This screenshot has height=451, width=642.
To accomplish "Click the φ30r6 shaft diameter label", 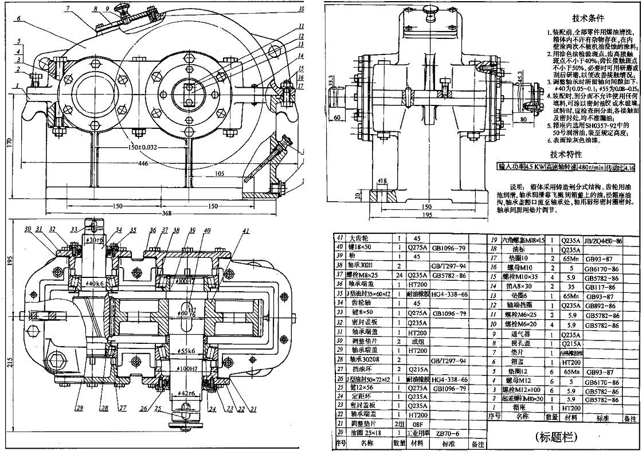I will tap(93, 240).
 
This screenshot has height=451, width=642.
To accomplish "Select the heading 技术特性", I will tap(566, 154).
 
